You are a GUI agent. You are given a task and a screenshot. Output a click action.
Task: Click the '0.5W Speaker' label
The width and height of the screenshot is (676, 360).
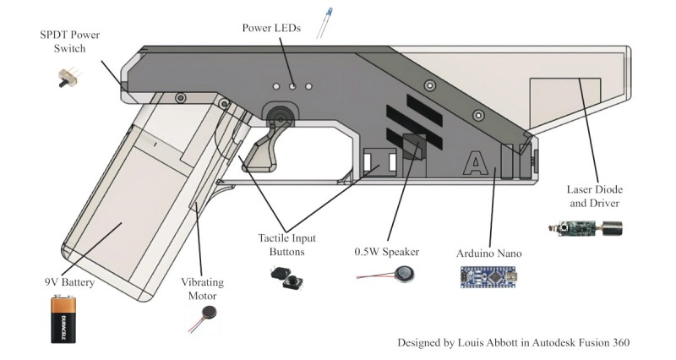(387, 252)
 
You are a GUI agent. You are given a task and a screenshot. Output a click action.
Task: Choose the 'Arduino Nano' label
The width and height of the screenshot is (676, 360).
(488, 253)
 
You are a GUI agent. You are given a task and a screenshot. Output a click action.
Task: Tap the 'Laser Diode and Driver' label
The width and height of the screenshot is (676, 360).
(592, 197)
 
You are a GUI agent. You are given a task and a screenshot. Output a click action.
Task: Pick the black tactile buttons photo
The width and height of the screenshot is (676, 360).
(286, 277)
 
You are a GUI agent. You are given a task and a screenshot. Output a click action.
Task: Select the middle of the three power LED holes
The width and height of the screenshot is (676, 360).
(293, 86)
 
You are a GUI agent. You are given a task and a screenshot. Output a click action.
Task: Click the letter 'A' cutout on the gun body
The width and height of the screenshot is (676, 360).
(476, 161)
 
